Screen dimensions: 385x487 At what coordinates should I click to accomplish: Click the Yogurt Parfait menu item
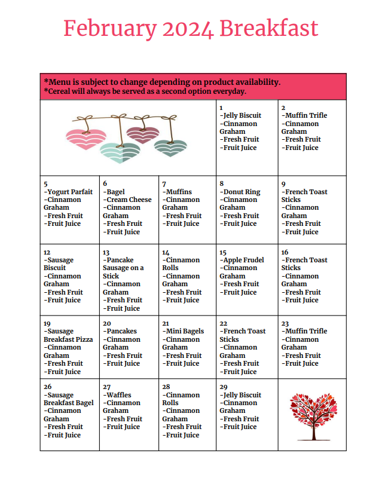(69, 192)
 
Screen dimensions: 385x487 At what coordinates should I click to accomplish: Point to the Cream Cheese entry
(129, 200)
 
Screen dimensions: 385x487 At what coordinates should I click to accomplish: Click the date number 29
(224, 387)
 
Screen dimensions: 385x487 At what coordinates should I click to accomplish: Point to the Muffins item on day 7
(178, 192)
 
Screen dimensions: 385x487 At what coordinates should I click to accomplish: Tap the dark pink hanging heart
(143, 135)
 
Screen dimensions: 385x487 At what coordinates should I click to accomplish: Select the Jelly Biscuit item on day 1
(241, 115)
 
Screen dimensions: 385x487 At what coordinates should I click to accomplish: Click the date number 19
(47, 323)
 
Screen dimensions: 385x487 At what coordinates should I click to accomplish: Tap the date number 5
(46, 184)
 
